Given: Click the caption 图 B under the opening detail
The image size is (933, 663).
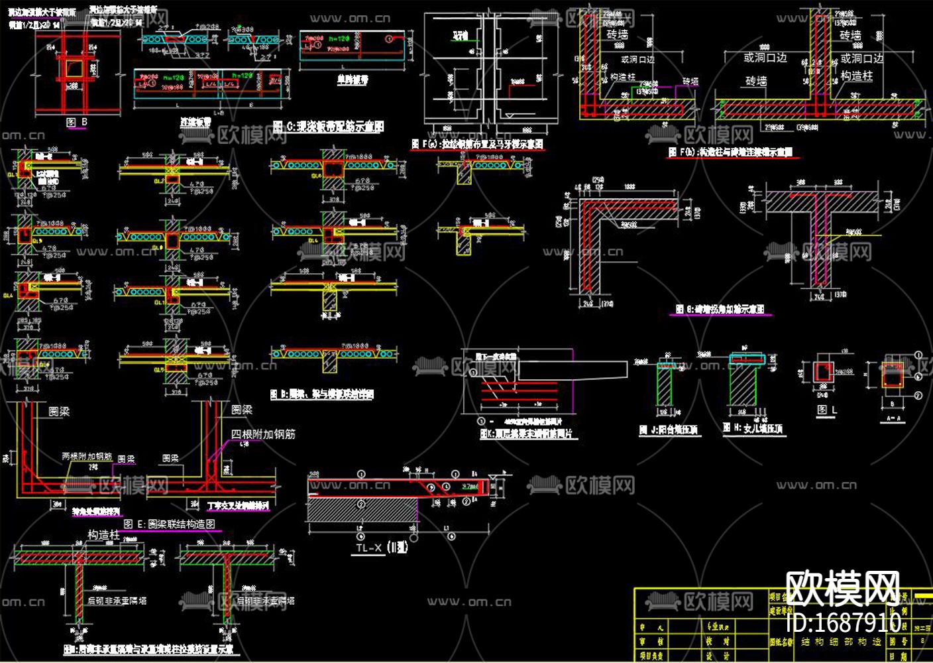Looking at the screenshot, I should pos(77,123).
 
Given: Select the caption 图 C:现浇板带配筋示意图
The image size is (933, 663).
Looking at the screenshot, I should pos(328,126).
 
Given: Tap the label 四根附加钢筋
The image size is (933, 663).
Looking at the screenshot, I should pos(263,434).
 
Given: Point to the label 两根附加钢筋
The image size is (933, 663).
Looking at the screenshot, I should pos(87,457).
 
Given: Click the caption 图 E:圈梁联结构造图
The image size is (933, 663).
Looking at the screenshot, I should pos(168,524).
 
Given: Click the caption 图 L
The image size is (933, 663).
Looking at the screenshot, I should pos(826,410).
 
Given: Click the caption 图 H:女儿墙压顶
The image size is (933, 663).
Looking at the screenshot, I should pos(753,429).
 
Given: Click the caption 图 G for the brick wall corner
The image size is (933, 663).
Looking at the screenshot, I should pos(720,309).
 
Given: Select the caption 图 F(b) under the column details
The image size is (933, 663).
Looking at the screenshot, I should pos(730,152).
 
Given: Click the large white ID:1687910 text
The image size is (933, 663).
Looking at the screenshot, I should pos(844,623).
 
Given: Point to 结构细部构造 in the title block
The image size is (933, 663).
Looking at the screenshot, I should pos(841,642).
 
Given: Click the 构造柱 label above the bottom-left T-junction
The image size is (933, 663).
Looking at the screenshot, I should pos(104,534).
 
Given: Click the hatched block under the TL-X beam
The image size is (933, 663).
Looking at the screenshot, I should pos(362,509).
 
